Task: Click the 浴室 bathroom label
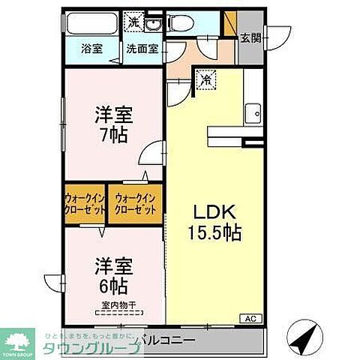tap(91, 50)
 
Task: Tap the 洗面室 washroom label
tap(141, 50)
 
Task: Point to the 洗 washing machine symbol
tap(133, 22)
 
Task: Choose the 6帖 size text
tap(111, 285)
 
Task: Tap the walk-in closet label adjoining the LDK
tap(136, 205)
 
